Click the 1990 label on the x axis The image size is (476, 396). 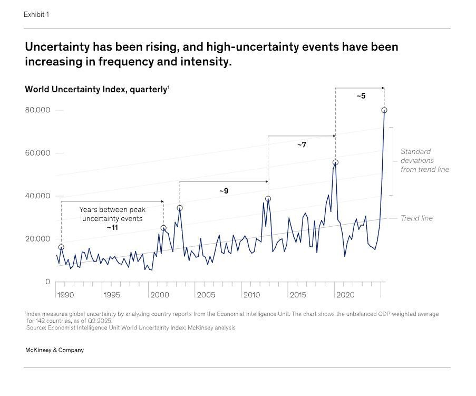[66, 294]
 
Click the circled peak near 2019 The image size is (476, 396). [335, 162]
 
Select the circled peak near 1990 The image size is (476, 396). [61, 247]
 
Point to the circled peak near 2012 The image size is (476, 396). [268, 199]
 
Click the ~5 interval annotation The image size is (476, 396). [361, 96]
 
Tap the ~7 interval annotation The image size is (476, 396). [302, 144]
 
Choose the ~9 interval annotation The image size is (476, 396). [224, 190]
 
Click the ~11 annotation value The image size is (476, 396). [112, 227]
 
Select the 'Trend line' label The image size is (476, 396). [416, 218]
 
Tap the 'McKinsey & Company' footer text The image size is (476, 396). [54, 350]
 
